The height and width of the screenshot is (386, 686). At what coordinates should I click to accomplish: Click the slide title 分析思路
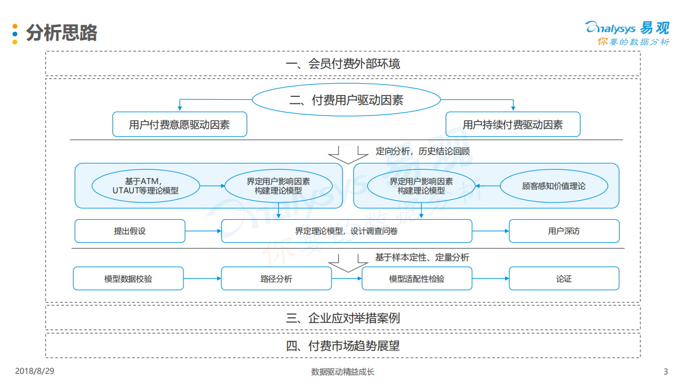61,33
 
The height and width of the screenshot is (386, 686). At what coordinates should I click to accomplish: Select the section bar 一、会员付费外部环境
342,63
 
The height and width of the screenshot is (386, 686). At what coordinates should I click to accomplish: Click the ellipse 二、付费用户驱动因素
346,100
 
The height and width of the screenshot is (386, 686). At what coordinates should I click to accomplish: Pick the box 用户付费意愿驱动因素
179,125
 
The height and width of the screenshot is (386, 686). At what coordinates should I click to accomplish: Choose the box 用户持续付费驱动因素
512,125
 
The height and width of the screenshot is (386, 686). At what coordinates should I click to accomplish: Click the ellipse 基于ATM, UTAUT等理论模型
145,186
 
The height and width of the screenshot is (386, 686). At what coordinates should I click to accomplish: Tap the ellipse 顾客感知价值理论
553,186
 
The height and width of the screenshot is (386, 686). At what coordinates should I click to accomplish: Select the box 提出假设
130,231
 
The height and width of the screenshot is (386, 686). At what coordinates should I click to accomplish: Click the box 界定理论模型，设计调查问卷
346,231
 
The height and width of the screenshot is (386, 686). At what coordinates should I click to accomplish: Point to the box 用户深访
564,231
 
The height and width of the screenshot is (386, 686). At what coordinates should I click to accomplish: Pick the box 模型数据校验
129,279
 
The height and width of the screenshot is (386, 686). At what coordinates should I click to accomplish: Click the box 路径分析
276,279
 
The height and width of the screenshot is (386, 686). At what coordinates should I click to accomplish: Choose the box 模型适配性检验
417,279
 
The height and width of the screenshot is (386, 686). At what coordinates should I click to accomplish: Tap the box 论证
564,279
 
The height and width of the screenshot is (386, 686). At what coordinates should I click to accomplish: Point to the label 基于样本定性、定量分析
422,257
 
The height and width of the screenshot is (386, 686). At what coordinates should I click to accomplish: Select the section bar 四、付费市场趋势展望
342,346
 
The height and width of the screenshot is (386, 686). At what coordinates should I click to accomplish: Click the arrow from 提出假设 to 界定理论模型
203,231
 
